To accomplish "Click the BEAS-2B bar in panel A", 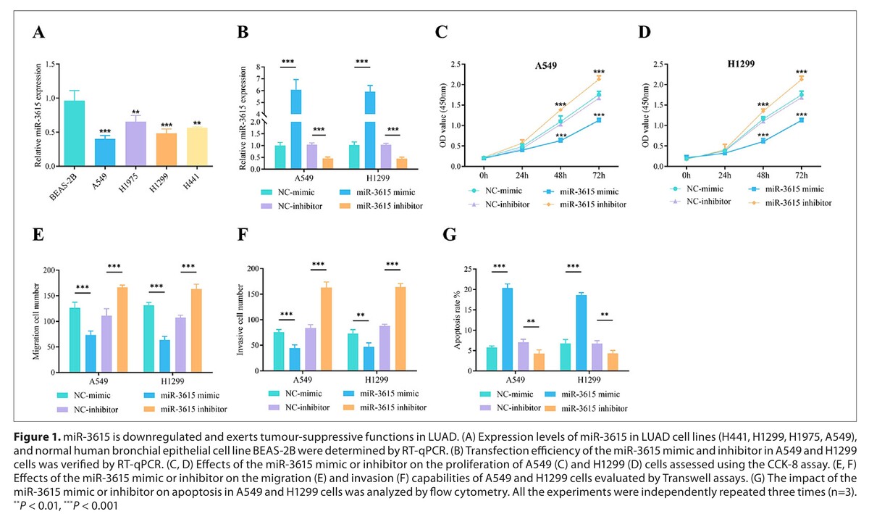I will [73, 133].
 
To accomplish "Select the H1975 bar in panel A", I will [135, 144].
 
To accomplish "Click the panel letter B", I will [243, 33].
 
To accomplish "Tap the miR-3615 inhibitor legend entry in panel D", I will [791, 202].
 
